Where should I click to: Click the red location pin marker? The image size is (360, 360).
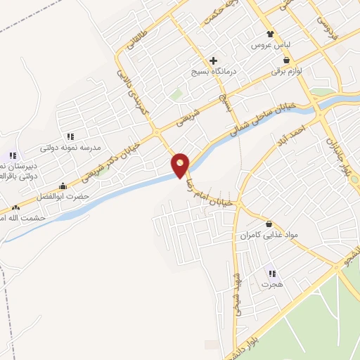(181, 165)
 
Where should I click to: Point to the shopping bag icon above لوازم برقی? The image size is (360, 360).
(286, 60)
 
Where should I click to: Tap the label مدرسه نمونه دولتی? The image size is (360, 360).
(70, 148)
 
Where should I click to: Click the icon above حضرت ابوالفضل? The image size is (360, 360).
(64, 186)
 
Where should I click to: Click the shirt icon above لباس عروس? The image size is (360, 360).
(271, 33)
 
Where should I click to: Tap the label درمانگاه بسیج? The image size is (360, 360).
(214, 72)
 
